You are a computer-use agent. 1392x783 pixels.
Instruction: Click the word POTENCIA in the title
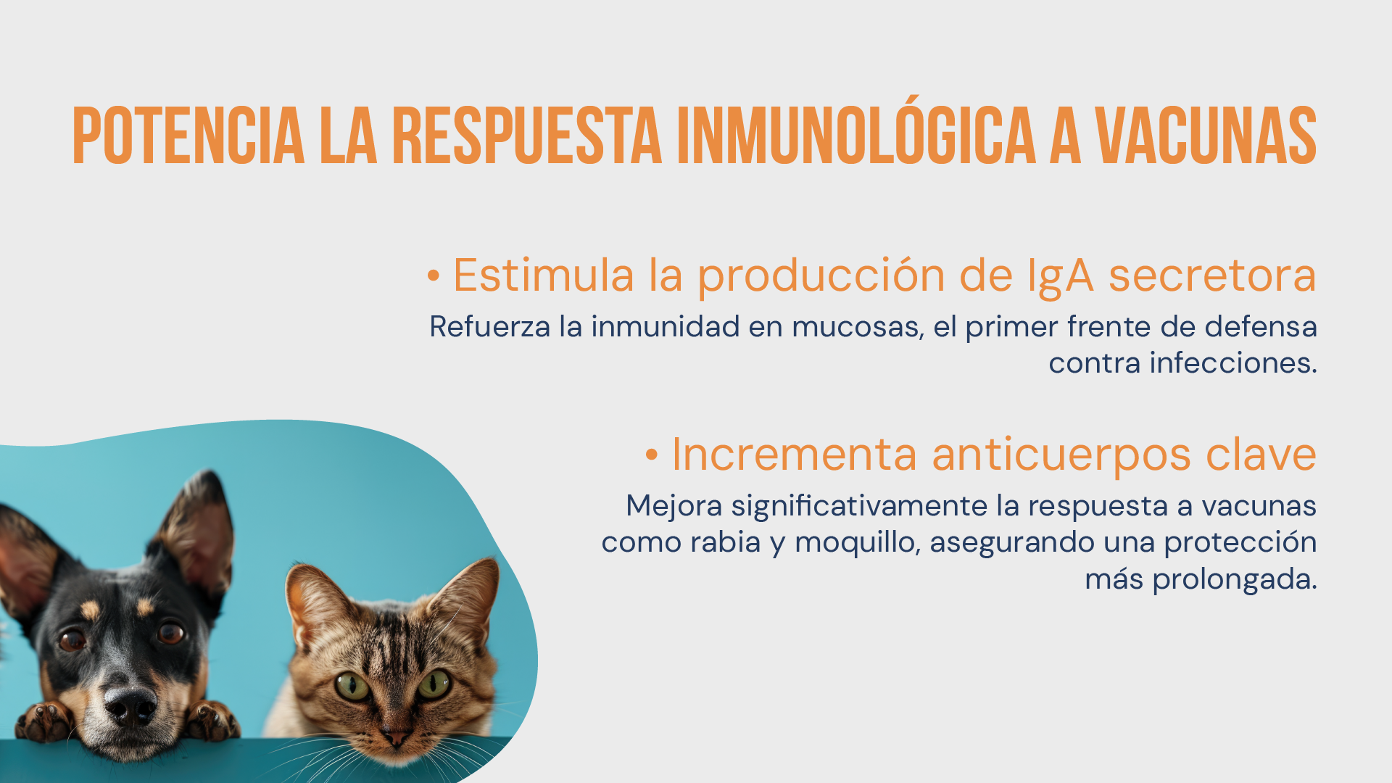coord(188,136)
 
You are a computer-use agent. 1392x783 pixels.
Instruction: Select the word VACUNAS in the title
coord(1206,136)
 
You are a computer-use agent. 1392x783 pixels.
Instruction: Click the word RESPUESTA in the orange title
coord(527,136)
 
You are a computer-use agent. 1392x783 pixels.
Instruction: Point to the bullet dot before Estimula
coord(434,275)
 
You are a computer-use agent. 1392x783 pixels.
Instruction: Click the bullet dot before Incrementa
coord(652,455)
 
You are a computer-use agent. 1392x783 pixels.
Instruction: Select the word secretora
coord(1212,276)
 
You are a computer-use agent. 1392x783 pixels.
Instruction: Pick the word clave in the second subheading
coord(1261,455)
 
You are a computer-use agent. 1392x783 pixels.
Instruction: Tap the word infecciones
coord(1233,362)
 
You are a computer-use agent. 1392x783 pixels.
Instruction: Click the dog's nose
coord(130,705)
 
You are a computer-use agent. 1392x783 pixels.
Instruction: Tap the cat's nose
coord(396,738)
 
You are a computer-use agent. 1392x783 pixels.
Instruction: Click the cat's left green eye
coord(352,685)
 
